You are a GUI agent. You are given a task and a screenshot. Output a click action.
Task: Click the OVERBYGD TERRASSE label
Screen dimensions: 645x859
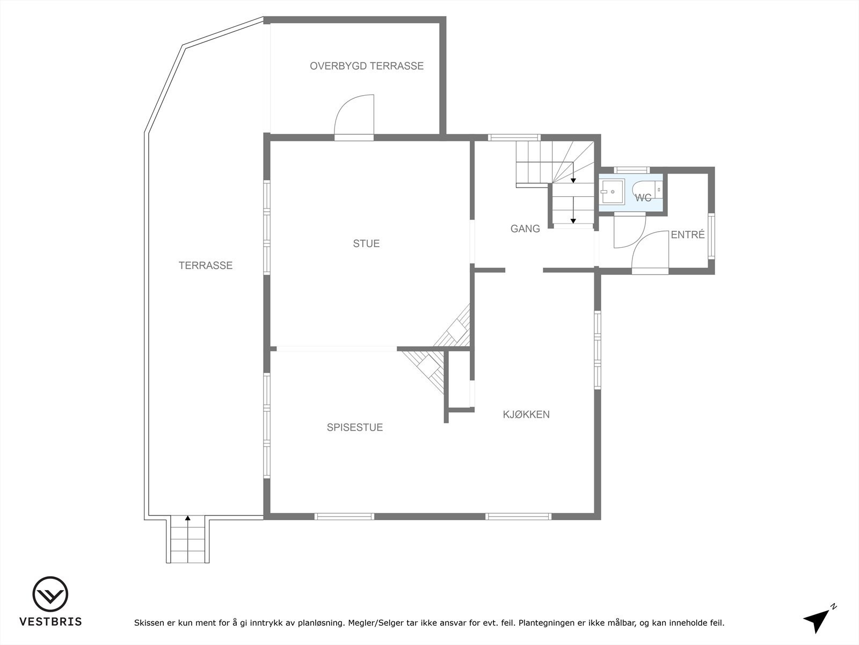(367, 66)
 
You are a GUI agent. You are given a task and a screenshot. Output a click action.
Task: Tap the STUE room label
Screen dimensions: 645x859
(366, 243)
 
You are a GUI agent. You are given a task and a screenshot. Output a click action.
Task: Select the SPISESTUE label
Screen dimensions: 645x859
(354, 427)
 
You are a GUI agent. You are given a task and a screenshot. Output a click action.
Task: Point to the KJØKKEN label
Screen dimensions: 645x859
(526, 414)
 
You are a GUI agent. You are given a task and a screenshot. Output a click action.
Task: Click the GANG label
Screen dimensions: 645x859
(525, 228)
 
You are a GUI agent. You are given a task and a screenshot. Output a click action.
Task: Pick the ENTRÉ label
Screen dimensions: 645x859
(688, 235)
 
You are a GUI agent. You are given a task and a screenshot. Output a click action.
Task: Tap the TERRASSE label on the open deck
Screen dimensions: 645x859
(206, 266)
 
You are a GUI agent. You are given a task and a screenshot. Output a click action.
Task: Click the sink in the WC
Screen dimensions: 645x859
(612, 191)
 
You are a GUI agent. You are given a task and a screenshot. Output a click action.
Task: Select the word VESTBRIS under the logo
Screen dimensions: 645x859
(50, 622)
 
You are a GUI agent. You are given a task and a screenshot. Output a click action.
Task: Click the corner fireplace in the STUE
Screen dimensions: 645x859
(454, 328)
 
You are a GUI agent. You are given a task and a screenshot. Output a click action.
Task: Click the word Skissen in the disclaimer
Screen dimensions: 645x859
(149, 623)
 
